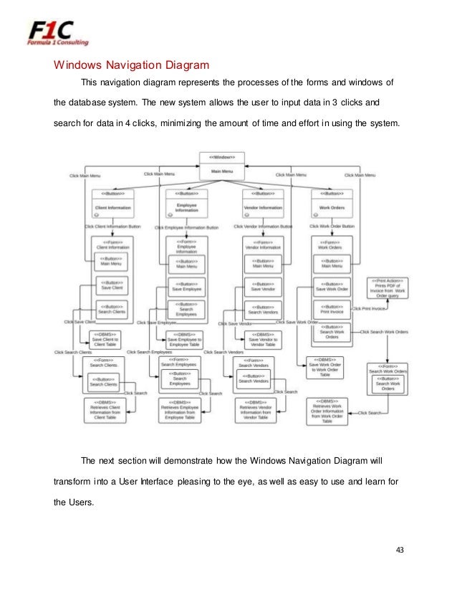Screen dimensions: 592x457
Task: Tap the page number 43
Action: click(400, 550)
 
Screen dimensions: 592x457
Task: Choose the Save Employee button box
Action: click(186, 287)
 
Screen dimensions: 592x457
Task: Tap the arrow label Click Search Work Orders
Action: click(384, 332)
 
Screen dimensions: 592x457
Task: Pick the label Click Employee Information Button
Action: click(188, 226)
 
